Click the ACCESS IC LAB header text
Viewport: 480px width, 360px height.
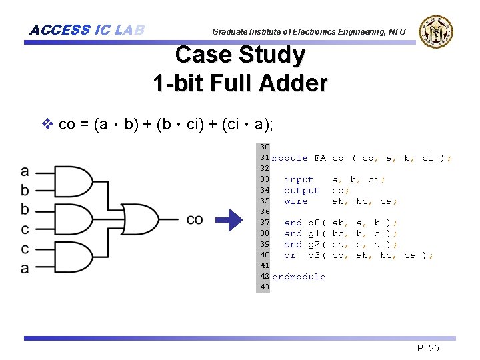coord(87,30)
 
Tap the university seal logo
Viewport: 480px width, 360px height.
coord(435,31)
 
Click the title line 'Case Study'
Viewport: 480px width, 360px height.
coord(240,55)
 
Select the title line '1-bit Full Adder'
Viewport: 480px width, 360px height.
coord(240,83)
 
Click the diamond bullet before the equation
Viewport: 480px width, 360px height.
coord(47,123)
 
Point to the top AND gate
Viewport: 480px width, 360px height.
coord(75,181)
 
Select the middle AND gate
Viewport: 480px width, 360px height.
coord(75,219)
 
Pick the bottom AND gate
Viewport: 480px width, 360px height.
coord(75,259)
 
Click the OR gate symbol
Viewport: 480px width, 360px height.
coord(141,219)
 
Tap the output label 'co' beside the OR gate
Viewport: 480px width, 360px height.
coord(195,219)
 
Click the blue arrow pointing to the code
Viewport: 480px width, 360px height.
coord(231,220)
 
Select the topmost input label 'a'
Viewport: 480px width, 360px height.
coord(25,171)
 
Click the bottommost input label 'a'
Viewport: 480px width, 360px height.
coord(25,268)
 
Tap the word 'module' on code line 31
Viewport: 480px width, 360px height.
coord(289,158)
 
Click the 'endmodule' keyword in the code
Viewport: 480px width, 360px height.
coord(299,276)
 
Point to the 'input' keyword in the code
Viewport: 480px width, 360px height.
coord(299,179)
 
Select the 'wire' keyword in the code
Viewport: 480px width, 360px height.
coord(296,201)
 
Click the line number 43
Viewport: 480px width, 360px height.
coord(264,287)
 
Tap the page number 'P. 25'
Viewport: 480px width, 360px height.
coord(428,348)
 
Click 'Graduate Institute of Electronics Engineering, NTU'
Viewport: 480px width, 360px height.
coord(309,32)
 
